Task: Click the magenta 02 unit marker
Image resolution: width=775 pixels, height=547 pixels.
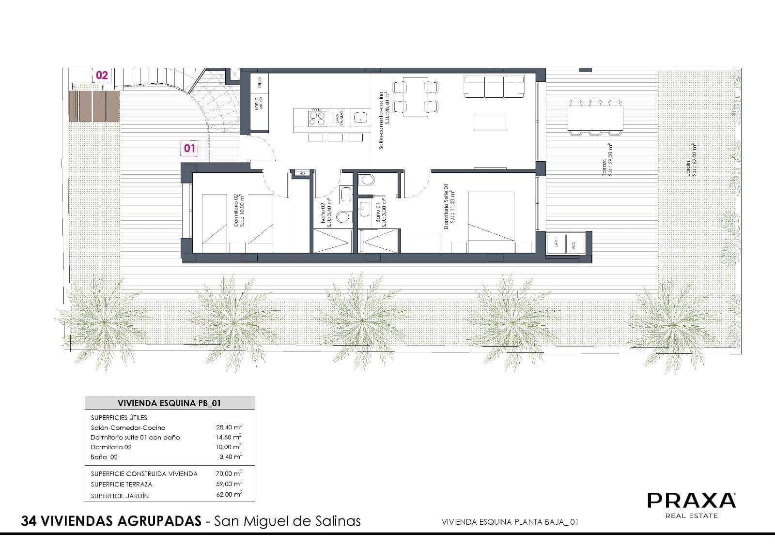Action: click(102, 76)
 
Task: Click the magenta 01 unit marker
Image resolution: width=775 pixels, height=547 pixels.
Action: click(189, 148)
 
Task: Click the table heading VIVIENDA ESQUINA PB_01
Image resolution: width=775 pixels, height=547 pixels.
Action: click(170, 403)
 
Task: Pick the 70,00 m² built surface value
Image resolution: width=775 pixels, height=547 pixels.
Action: click(229, 473)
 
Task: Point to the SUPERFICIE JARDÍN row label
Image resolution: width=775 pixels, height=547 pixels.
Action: click(120, 496)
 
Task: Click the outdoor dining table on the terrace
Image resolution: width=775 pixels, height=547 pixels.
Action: click(595, 118)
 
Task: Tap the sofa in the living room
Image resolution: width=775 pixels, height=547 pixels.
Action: click(494, 86)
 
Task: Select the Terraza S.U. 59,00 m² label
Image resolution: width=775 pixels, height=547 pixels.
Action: click(607, 160)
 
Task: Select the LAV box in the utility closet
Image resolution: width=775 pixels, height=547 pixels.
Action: click(556, 243)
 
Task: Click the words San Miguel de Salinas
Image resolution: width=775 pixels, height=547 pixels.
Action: click(288, 521)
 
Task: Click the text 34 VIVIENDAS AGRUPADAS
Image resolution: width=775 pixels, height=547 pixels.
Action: click(111, 521)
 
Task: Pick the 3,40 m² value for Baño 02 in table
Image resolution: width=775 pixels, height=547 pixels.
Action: click(230, 456)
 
